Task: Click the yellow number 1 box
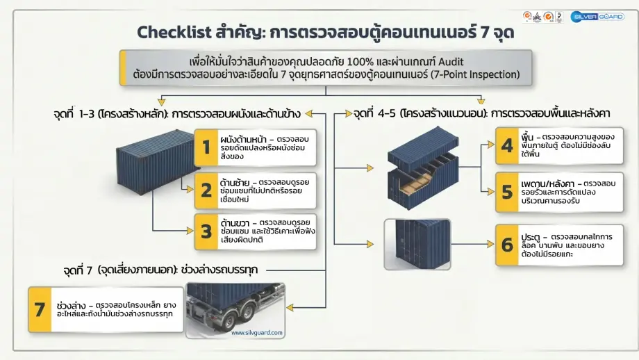[x=206, y=147]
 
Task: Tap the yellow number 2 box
[x=206, y=189]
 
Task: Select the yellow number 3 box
[x=206, y=231]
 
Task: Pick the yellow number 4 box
[x=508, y=145]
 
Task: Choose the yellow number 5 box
[x=508, y=192]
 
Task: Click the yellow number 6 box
[x=508, y=245]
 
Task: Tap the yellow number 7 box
[x=40, y=309]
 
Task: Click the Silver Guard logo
[x=597, y=16]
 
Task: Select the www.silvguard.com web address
[x=257, y=333]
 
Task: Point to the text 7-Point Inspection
[x=476, y=74]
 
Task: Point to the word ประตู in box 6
[x=531, y=237]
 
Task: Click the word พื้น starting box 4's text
[x=529, y=137]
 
